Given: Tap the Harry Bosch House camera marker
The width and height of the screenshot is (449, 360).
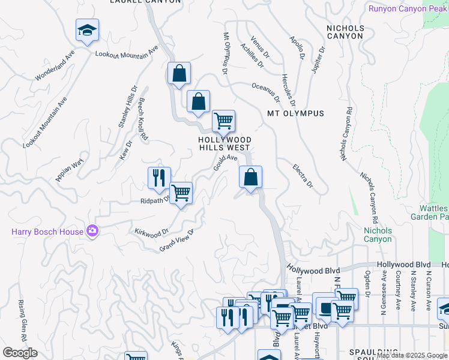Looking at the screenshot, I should pos(92,231).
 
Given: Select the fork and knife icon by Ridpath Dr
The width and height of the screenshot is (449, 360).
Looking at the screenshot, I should pos(159,178).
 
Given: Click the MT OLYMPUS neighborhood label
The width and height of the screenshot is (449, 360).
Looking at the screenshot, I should pos(295,113).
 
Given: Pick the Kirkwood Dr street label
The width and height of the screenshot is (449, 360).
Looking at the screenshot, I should pos(151,232).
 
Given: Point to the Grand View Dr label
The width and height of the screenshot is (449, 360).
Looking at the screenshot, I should pos(177,241).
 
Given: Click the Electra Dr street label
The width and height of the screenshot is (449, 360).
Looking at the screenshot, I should pos(303,176).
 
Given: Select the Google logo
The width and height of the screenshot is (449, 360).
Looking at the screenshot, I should pos(19,353).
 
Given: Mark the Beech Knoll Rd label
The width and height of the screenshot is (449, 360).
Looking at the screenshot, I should pos(143,119).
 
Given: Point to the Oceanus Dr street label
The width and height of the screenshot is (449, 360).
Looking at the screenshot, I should pos(266,90).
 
